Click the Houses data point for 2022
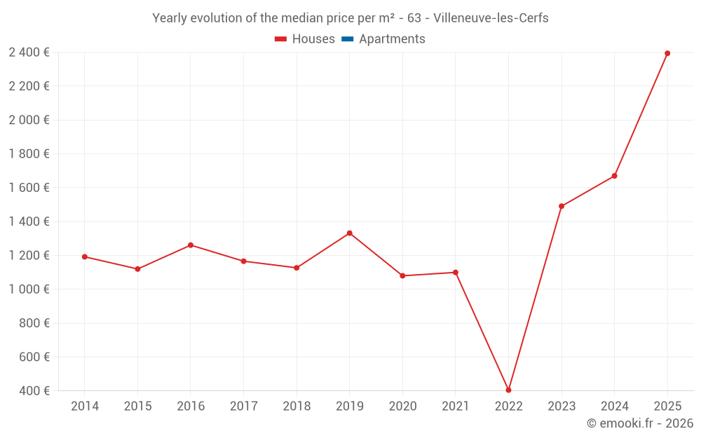[508, 390]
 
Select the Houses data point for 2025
[667, 53]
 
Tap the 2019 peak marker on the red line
[349, 233]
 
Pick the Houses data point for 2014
[85, 256]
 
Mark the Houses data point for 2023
[562, 206]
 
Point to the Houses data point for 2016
[191, 245]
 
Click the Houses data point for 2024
[614, 176]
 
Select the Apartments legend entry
[391, 39]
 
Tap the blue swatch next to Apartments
[347, 39]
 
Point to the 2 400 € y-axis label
[29, 52]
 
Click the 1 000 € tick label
[29, 289]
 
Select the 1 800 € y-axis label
[29, 153]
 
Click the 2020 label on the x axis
[402, 406]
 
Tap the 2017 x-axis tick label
[243, 406]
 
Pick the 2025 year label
[667, 406]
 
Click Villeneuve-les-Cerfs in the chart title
[491, 18]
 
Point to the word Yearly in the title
[170, 18]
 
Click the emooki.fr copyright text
[640, 423]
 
